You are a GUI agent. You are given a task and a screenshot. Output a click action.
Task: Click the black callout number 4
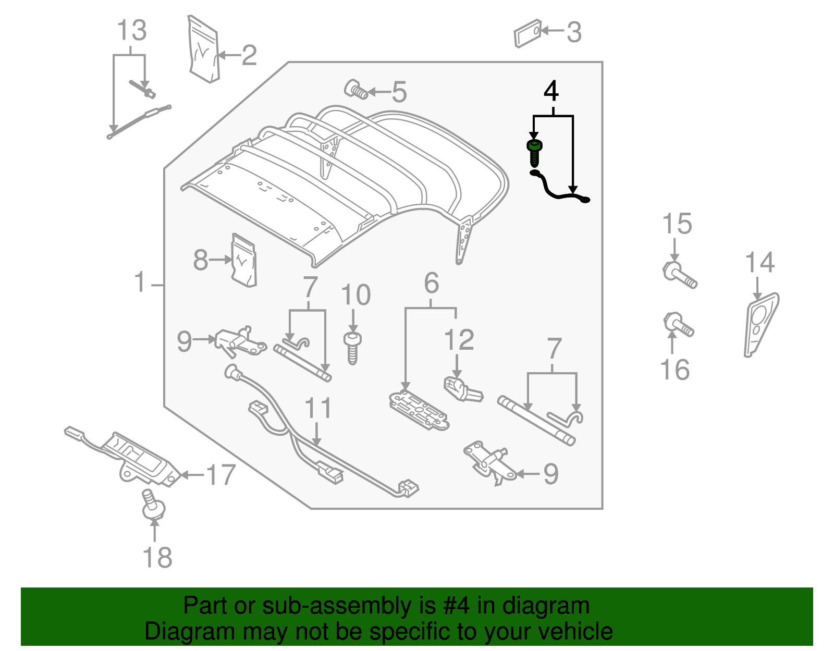point(551,91)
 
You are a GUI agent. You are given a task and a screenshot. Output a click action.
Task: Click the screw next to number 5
point(355,90)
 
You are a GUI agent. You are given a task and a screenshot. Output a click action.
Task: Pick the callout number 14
point(759,262)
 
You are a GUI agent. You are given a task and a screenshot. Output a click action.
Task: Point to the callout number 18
point(157,557)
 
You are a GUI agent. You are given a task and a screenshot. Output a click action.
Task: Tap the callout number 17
point(221,475)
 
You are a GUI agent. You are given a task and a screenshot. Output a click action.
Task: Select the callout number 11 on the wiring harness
point(318,408)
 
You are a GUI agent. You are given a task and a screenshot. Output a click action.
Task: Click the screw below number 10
point(352,348)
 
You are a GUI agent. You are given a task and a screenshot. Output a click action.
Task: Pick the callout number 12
point(459,340)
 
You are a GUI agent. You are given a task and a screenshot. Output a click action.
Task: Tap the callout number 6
point(431,283)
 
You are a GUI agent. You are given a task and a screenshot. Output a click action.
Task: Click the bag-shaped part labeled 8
point(243,260)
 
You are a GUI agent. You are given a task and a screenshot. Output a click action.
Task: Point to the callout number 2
point(249,55)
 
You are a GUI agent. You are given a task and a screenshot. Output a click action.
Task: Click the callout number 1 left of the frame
point(140,282)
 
